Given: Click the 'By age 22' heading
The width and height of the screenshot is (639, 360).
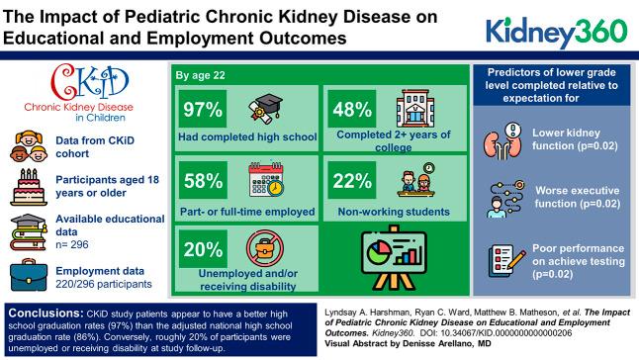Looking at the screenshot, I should pyautogui.click(x=201, y=74).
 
